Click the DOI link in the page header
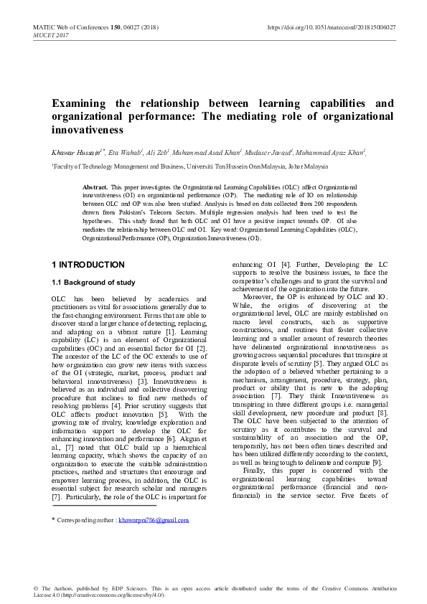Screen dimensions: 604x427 point(332,27)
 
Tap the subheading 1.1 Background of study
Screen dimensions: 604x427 point(93,282)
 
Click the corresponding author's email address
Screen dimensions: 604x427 point(159,519)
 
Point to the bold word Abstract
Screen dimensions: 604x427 point(95,185)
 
